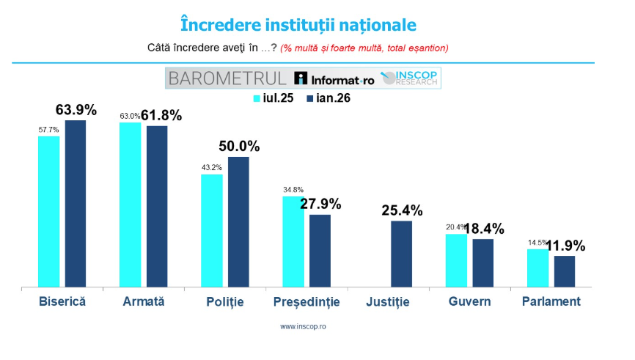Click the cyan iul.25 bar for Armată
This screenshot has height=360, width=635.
pos(131,205)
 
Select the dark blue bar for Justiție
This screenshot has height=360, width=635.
pos(401,254)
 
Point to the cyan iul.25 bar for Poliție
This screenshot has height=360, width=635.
pos(212,230)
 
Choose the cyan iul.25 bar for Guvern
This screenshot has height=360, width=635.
pos(456,260)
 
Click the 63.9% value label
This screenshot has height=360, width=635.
pos(76,109)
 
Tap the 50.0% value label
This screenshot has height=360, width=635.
pos(239,146)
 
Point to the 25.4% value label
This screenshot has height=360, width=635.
pos(402,210)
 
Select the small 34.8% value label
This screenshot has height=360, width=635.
pos(293,191)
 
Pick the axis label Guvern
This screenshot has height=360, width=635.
pos(469,301)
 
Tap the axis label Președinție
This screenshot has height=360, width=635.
pos(307,301)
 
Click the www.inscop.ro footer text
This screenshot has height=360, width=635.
pos(303,326)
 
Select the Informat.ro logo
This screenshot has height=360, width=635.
pos(334,79)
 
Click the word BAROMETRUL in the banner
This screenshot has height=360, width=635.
pos(227,78)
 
